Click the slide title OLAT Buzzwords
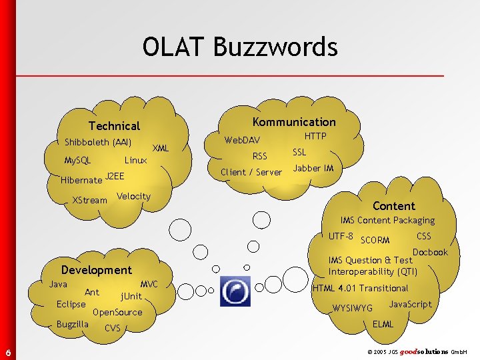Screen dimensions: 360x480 pos(240,47)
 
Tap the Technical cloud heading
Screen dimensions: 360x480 pos(115,126)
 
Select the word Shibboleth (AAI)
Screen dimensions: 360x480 pos(98,142)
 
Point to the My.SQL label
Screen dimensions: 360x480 pos(77,161)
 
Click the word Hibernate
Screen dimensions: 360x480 pos(81,180)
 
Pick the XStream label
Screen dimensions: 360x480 pos(89,200)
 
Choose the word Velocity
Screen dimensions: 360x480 pos(133,196)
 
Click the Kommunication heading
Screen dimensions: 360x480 pos(294,122)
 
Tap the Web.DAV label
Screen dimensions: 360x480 pos(242,140)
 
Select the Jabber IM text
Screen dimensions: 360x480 pos(313,169)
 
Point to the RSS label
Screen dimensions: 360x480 pos(259,157)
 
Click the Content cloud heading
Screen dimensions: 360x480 pos(393,206)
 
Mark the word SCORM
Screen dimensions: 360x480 pos(375,240)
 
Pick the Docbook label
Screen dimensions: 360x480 pos(430,252)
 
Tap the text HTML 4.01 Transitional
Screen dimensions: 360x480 pos(360,288)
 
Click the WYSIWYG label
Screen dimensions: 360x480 pos(353,308)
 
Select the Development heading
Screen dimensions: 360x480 pos(96,270)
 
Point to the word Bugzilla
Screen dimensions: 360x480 pos(73,325)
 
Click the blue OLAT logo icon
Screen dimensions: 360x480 pos(235,291)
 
